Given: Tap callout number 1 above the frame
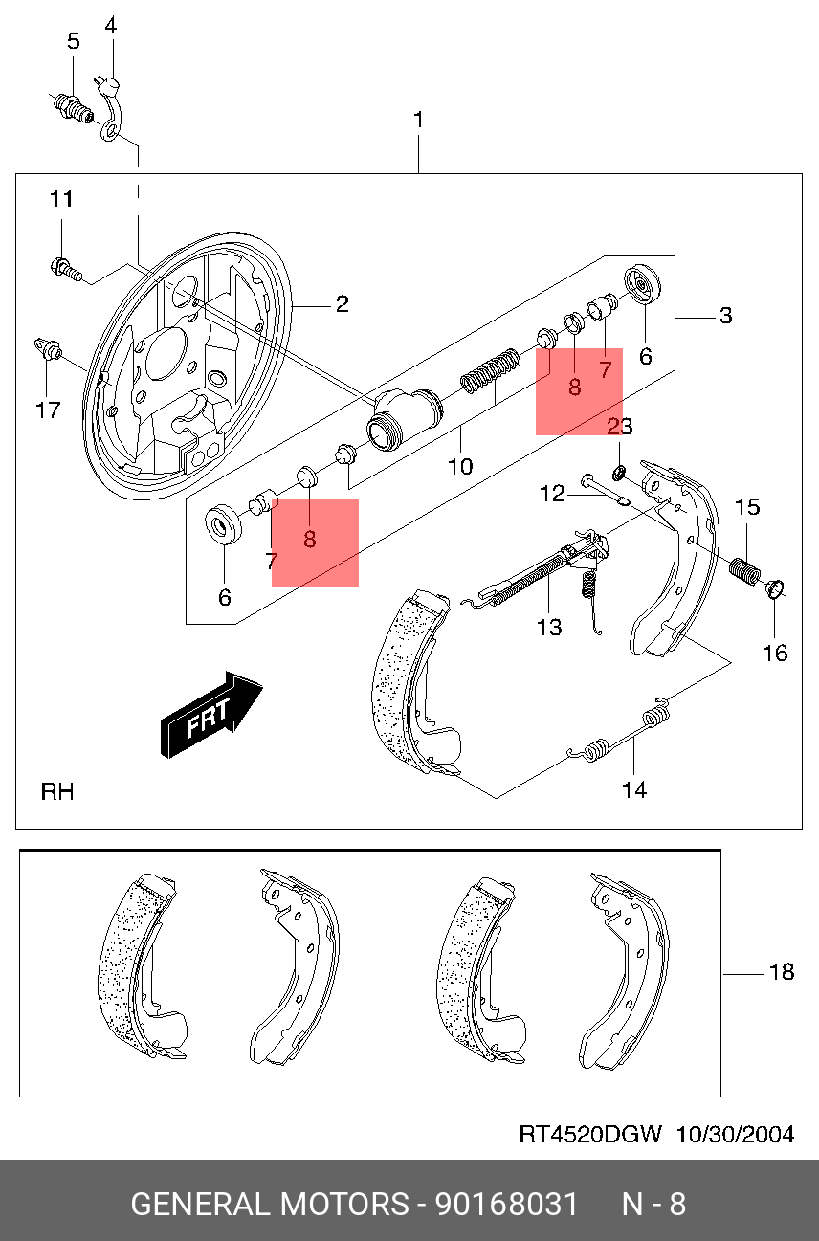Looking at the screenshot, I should tap(418, 122).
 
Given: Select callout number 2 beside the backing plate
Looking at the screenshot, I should tap(342, 305).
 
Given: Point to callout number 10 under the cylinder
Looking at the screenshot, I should tap(460, 466).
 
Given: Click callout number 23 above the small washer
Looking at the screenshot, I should tap(620, 427).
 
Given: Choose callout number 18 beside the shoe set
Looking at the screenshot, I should tap(782, 972).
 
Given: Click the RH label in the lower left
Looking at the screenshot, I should tap(57, 792).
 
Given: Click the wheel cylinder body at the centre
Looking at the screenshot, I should tap(405, 418).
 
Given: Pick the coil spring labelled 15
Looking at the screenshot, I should tap(743, 569).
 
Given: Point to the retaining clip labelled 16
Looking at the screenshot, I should tap(776, 588).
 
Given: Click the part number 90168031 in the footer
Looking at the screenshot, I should tap(507, 1203).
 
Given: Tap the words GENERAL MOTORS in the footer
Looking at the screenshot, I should tap(269, 1203).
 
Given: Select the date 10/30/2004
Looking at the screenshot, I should tap(735, 1135).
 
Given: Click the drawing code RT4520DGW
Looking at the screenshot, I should tap(590, 1135).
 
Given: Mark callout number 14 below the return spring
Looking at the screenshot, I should tap(633, 789).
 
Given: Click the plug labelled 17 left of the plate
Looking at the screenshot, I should tap(46, 348).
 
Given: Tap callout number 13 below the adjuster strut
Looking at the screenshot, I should tap(549, 627).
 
